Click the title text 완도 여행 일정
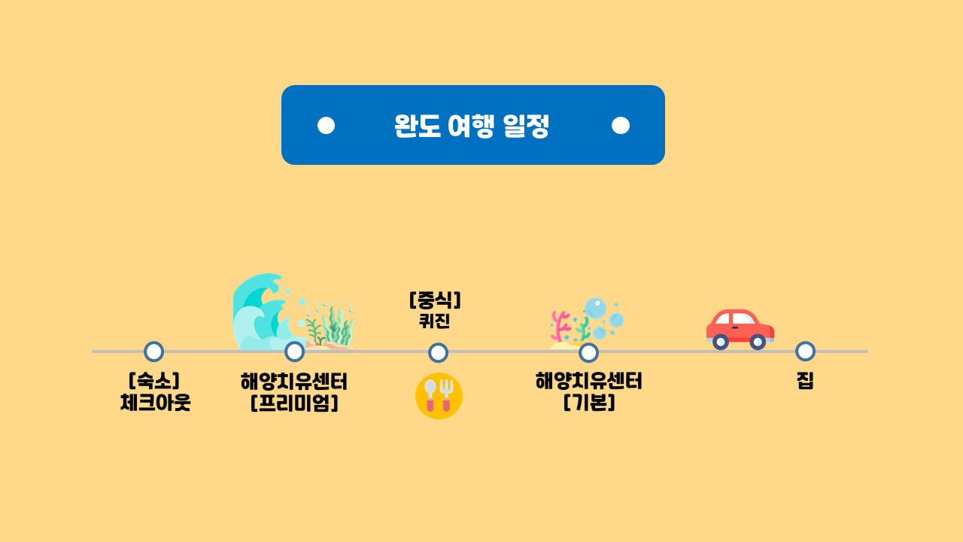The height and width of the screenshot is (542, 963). (472, 126)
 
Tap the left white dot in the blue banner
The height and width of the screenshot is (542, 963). (326, 125)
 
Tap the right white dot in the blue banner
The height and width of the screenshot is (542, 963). (621, 125)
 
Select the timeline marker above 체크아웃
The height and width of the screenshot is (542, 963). (153, 352)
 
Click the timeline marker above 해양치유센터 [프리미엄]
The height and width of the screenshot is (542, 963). (295, 352)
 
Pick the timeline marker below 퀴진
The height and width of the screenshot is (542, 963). (438, 352)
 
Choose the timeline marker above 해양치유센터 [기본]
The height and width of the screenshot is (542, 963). (588, 352)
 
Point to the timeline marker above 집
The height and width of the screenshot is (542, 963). (805, 352)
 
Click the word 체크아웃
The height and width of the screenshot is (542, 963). (155, 403)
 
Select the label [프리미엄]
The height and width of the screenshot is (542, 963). (294, 403)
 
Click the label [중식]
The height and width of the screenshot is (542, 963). (435, 300)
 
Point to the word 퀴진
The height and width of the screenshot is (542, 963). (435, 321)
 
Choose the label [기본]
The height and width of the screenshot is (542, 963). (589, 403)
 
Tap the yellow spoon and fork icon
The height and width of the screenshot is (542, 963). (439, 396)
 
